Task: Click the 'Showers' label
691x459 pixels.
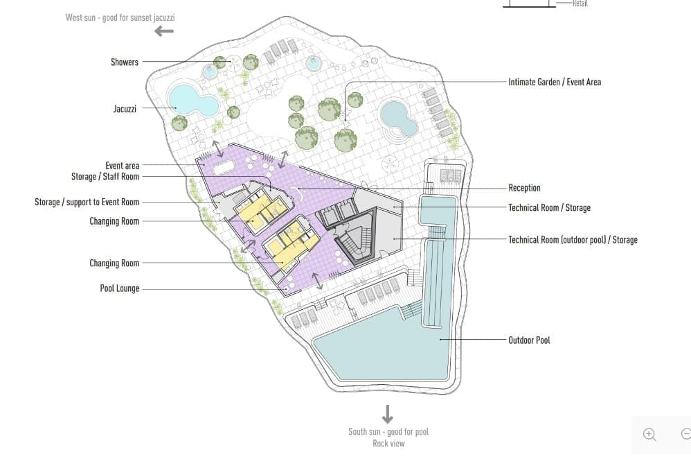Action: tap(124, 62)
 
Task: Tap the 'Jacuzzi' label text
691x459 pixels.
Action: tap(125, 109)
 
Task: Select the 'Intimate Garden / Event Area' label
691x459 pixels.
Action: tap(555, 82)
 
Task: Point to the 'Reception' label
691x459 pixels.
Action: tap(524, 188)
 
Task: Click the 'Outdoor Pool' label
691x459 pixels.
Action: tap(529, 340)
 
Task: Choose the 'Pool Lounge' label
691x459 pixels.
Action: tap(119, 288)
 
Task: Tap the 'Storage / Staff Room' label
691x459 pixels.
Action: tap(105, 177)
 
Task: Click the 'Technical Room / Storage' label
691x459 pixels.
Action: tap(550, 208)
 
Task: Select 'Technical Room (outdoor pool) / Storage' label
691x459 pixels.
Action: tap(573, 240)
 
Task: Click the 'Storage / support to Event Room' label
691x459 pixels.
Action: tap(87, 202)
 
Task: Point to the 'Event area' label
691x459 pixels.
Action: tap(122, 166)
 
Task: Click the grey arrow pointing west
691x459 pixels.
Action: tap(164, 31)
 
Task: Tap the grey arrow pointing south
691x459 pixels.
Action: tap(387, 414)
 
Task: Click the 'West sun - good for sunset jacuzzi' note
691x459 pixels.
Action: tap(120, 17)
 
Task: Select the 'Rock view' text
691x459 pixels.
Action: tap(388, 444)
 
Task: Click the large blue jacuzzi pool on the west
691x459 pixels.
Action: tap(193, 100)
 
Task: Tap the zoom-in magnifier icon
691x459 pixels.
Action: tap(649, 435)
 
